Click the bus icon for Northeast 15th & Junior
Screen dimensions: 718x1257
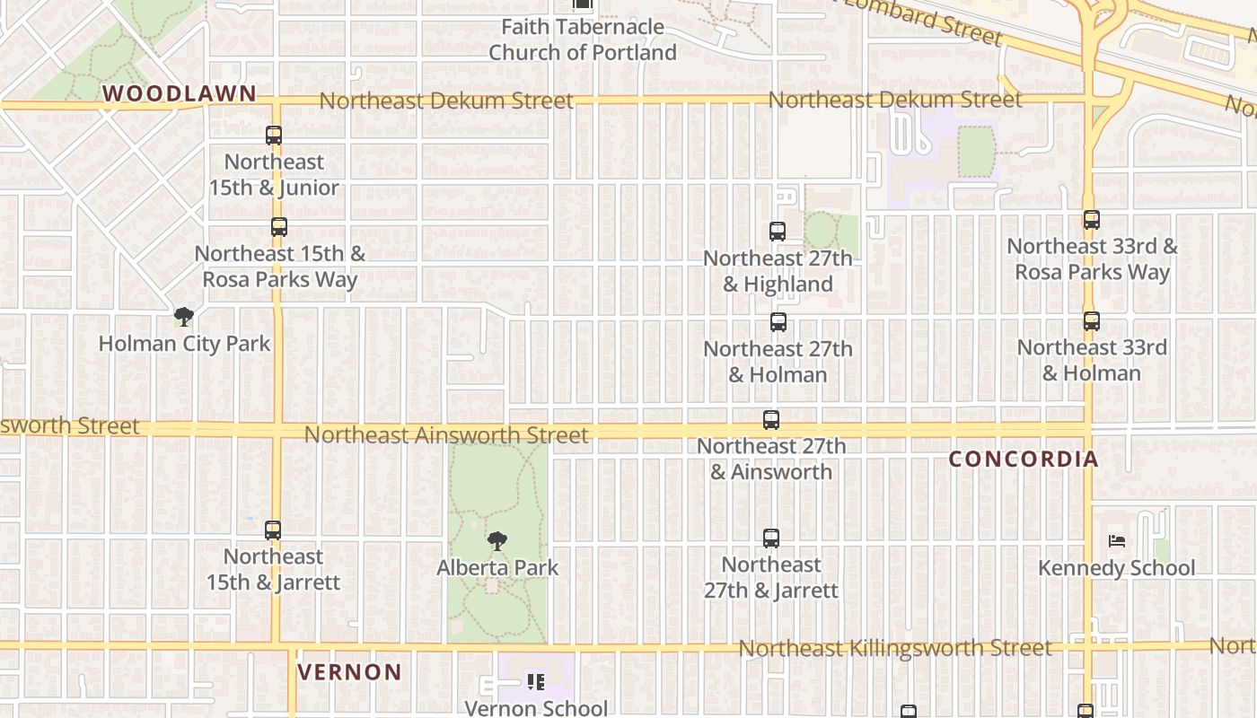click(x=274, y=136)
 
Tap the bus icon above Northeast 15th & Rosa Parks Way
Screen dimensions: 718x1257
click(x=279, y=227)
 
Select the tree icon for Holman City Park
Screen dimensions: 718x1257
click(x=184, y=317)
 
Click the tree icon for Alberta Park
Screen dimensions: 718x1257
click(x=497, y=541)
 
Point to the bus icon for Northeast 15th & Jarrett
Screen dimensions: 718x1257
click(x=273, y=530)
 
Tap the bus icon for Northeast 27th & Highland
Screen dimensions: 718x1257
click(x=778, y=232)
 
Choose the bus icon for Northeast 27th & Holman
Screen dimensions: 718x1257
click(x=778, y=322)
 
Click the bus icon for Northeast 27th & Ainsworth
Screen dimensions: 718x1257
click(x=771, y=420)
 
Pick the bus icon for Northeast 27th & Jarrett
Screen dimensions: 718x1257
click(x=771, y=538)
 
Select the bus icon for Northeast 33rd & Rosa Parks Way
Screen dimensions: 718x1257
click(x=1092, y=220)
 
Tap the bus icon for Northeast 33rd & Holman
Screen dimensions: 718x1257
click(x=1092, y=321)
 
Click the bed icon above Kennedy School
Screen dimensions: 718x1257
click(x=1117, y=541)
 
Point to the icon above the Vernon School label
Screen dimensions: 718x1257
click(x=536, y=682)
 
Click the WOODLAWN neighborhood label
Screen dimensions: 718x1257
click(x=180, y=93)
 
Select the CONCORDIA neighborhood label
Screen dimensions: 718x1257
click(x=1024, y=460)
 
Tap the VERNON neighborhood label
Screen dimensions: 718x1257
click(x=349, y=672)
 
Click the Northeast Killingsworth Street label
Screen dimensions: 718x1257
click(x=894, y=648)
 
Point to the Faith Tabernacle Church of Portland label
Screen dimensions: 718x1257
click(x=583, y=39)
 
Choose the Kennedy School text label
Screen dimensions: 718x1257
click(x=1117, y=568)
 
